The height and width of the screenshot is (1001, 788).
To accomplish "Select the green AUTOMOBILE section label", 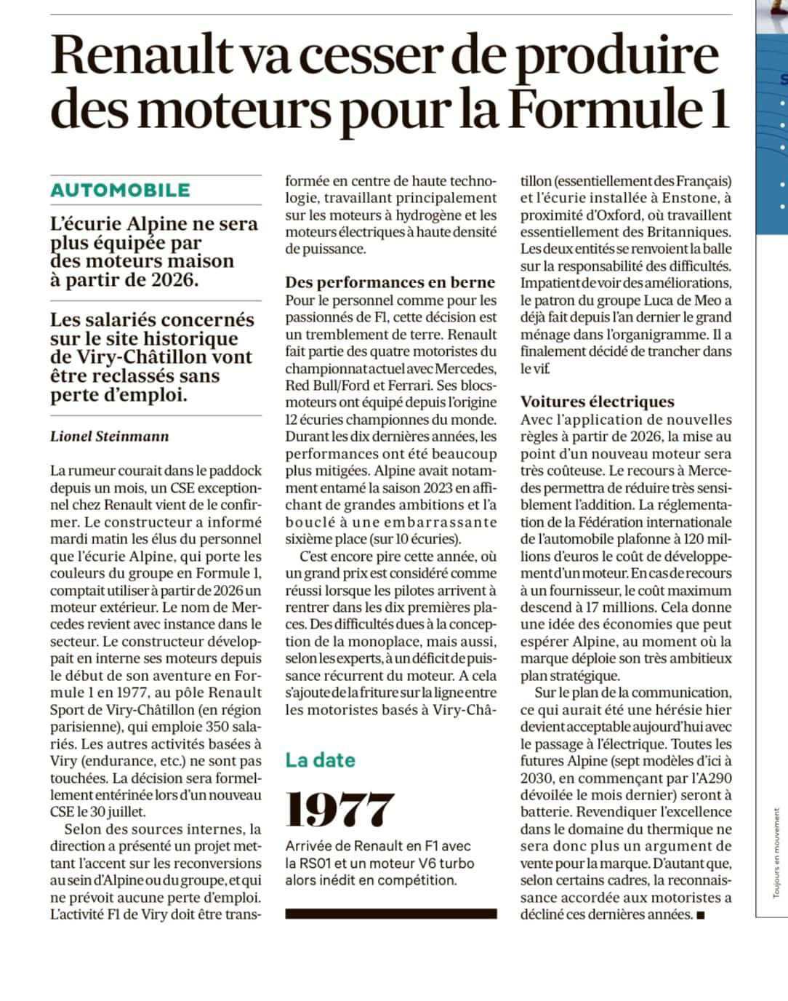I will point(120,190).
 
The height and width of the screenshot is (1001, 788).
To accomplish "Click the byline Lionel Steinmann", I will point(109,436).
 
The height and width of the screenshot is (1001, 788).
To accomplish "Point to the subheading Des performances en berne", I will point(390,282).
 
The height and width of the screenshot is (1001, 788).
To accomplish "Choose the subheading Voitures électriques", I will point(597,402).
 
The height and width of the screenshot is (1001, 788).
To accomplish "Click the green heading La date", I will point(320,760).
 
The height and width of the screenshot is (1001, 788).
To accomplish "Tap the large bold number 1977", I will point(339,810).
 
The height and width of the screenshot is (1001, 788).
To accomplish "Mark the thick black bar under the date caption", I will point(390,914).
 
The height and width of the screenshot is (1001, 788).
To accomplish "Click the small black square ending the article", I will point(700,915).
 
